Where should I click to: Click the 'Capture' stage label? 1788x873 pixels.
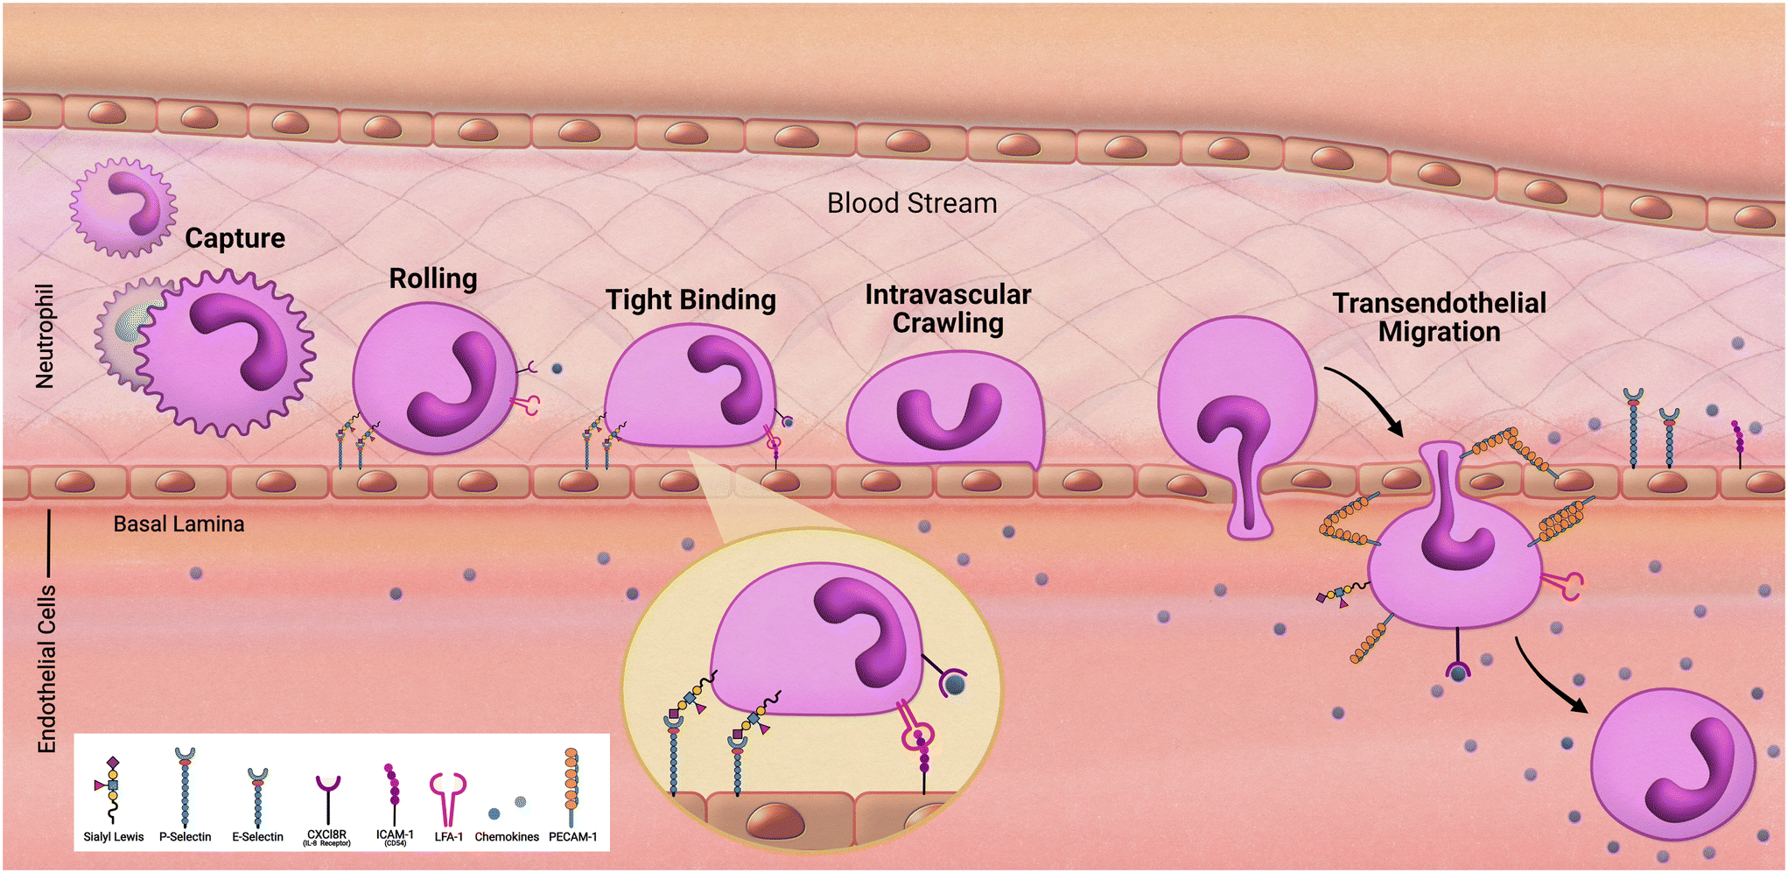(235, 238)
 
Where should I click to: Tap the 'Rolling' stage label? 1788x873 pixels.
(433, 278)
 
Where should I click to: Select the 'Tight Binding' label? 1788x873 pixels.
(691, 300)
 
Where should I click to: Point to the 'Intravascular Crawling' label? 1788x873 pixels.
(948, 309)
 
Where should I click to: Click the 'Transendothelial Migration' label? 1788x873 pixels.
(1439, 317)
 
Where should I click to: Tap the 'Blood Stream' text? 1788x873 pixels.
(912, 203)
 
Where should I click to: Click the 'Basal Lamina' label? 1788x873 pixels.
(179, 525)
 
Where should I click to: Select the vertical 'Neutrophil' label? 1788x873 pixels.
(45, 336)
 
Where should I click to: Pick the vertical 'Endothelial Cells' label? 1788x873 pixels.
(46, 669)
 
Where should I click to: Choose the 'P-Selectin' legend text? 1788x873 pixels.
(185, 837)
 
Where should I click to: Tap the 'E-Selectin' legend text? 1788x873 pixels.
(257, 837)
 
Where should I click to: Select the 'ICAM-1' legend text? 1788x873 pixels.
(395, 834)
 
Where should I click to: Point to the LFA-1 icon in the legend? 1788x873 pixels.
(448, 797)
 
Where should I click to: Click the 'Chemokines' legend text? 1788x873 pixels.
(507, 837)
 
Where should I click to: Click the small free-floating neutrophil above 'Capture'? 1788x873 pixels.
(124, 208)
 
